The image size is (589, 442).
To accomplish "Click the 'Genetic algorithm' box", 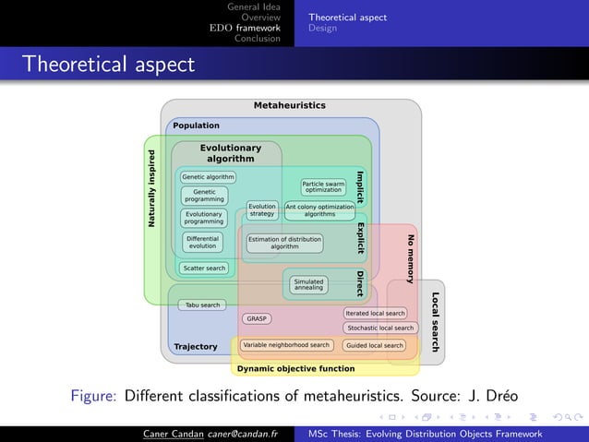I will (208, 176).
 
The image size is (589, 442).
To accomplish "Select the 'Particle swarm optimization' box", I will (323, 186).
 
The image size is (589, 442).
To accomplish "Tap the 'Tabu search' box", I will (203, 305).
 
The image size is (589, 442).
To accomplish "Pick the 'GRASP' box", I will (257, 318).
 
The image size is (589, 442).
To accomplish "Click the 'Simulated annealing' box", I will (308, 284).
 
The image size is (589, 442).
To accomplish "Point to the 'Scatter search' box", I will (204, 269).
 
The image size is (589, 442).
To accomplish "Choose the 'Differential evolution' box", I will (202, 243).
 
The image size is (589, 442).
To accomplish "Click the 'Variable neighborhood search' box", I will (285, 345).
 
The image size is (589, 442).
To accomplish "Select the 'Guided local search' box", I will (374, 346).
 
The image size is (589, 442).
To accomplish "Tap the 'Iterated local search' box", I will (375, 314).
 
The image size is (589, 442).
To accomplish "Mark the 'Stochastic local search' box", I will (379, 328).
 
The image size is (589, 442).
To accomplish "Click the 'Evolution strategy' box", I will (262, 209).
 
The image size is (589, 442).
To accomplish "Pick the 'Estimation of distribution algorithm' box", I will (284, 243).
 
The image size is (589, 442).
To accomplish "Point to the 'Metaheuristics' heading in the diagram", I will (290, 106).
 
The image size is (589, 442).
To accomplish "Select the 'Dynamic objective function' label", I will (295, 369).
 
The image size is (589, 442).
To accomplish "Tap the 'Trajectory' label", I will (196, 347).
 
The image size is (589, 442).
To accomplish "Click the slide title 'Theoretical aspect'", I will (109, 65).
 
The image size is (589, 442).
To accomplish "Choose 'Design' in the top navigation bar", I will (323, 28).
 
